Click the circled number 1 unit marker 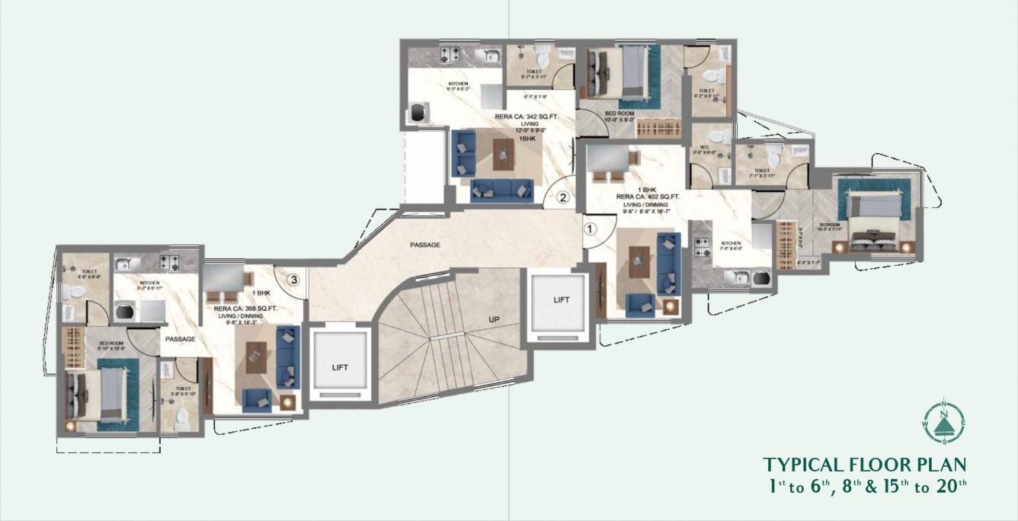[589, 227]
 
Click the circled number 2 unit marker [562, 197]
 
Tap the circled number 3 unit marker [292, 280]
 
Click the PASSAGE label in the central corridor [425, 245]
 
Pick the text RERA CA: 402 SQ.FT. [648, 196]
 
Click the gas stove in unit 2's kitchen [450, 55]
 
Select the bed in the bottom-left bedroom [98, 392]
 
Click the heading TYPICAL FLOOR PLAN [865, 465]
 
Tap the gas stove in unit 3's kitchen [168, 264]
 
